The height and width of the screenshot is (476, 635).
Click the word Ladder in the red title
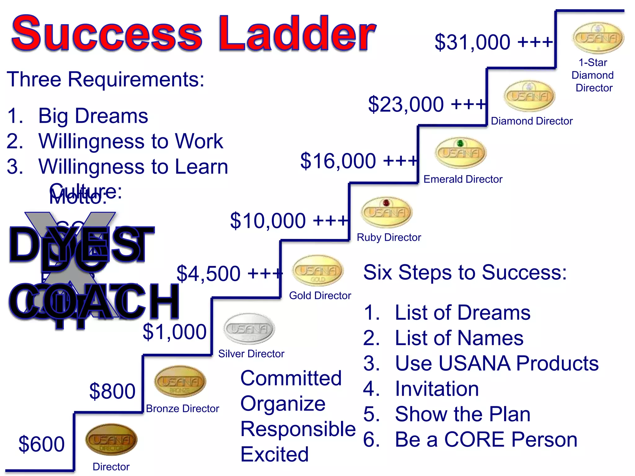pos(297,33)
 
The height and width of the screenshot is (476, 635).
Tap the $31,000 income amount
pos(493,42)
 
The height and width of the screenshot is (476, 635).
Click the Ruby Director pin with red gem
pos(387,212)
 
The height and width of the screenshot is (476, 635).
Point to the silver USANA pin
pos(249,329)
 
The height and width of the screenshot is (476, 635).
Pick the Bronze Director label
pos(182,409)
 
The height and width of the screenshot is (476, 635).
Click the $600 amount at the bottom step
pos(42,444)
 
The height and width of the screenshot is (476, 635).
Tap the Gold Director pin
pos(318,271)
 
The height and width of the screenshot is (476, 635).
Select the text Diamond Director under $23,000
pos(531,121)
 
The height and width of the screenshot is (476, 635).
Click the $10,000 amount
pos(289,221)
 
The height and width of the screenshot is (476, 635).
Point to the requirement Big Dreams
pos(93,116)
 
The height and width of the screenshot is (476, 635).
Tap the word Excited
pos(274,454)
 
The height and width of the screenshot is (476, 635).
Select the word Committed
pos(291,378)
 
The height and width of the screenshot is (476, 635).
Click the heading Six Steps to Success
pos(465,272)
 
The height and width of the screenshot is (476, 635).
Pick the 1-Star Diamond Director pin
pos(598,38)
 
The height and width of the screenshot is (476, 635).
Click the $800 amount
pos(112,391)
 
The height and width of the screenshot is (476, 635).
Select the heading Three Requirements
pos(105,79)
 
